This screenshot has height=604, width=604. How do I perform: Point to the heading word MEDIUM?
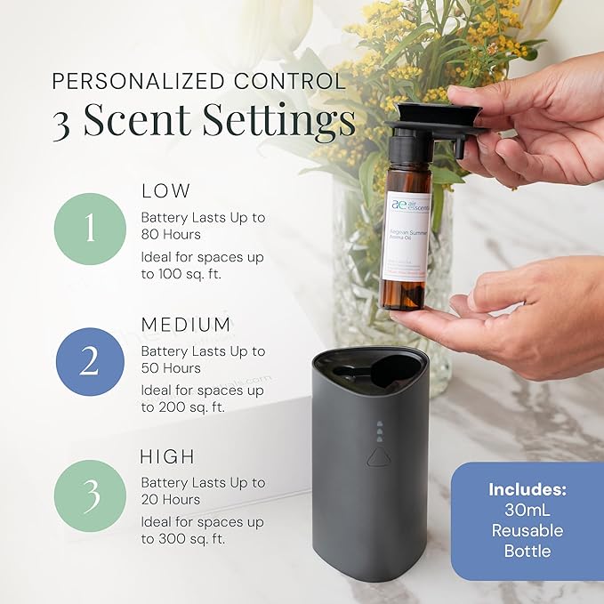click(x=186, y=324)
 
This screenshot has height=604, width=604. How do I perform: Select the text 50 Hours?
click(x=171, y=368)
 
